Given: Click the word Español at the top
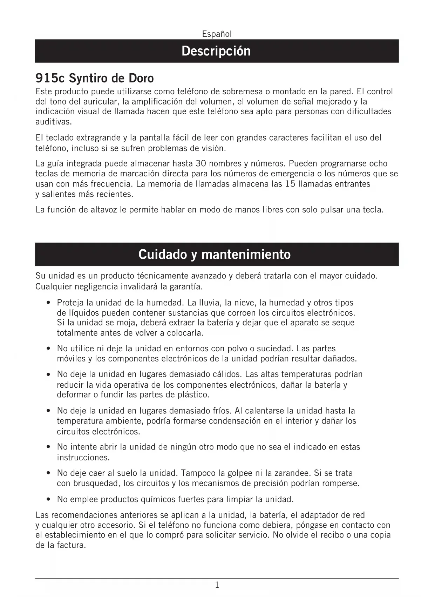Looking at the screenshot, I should (217, 34).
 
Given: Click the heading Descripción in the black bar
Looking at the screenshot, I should (216, 51).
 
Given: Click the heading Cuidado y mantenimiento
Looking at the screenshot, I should (214, 254).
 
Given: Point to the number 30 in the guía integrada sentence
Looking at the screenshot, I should (200, 163).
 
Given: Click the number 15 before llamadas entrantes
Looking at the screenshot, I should (290, 184).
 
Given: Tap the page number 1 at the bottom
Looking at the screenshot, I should (217, 585).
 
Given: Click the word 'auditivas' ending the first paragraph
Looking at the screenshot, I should (53, 122).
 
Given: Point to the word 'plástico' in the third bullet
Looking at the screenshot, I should (193, 395).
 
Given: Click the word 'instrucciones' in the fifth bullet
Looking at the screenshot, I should (83, 458).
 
